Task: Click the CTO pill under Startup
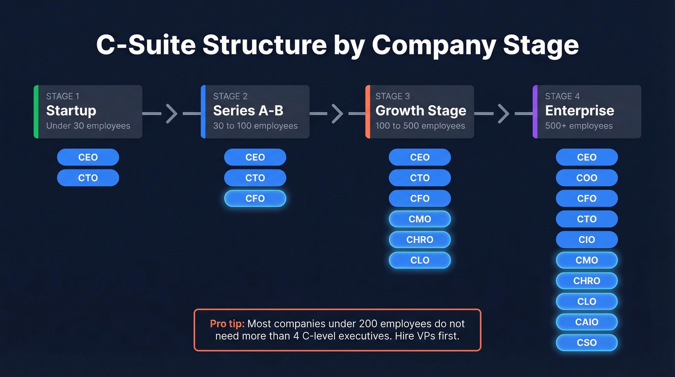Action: pyautogui.click(x=88, y=178)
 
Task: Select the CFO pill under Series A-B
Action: pyautogui.click(x=255, y=198)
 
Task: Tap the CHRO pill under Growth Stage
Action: pyautogui.click(x=419, y=239)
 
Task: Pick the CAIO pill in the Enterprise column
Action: pyautogui.click(x=586, y=322)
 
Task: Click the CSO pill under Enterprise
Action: pyautogui.click(x=586, y=343)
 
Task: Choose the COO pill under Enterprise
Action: pyautogui.click(x=586, y=178)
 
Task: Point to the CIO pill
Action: pyautogui.click(x=586, y=239)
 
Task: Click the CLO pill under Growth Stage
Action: pyautogui.click(x=419, y=260)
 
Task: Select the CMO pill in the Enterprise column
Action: pyautogui.click(x=586, y=260)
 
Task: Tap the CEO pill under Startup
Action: pyautogui.click(x=88, y=157)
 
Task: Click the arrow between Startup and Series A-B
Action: pyautogui.click(x=172, y=113)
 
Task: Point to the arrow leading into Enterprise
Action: pyautogui.click(x=503, y=113)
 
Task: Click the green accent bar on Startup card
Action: pyautogui.click(x=36, y=112)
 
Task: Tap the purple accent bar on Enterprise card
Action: pyautogui.click(x=535, y=112)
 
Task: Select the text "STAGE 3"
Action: pyautogui.click(x=392, y=96)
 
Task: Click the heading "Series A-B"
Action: pyautogui.click(x=248, y=111)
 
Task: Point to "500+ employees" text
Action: pyautogui.click(x=579, y=126)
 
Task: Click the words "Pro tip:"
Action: pyautogui.click(x=227, y=324)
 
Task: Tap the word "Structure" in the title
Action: pyautogui.click(x=265, y=45)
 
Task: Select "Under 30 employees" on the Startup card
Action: pyautogui.click(x=88, y=126)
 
